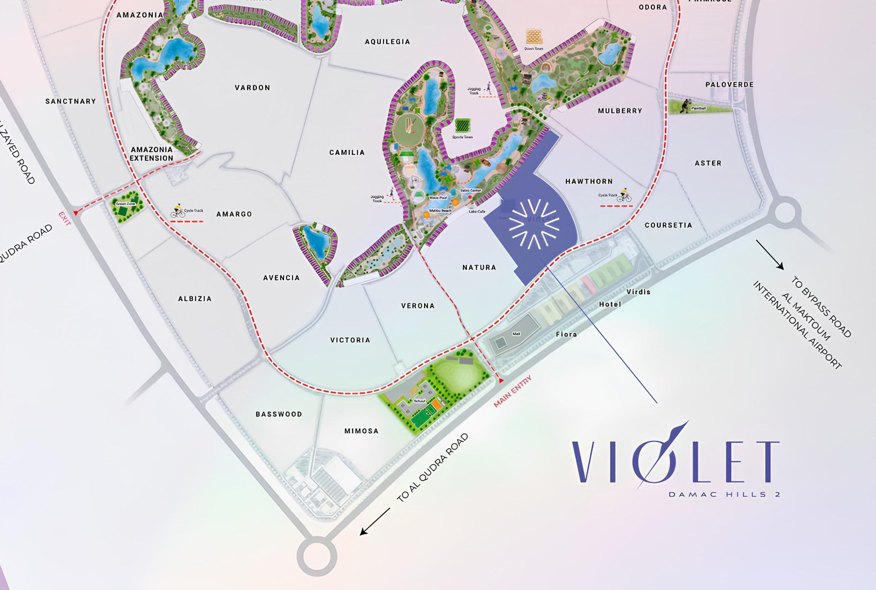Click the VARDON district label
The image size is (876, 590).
click(252, 88)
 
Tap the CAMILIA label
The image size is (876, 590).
click(347, 152)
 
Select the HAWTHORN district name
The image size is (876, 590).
click(589, 181)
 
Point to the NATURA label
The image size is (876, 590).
click(479, 267)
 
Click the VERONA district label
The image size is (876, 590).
click(418, 306)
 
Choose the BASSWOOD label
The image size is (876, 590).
click(279, 414)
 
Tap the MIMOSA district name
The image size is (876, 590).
click(361, 431)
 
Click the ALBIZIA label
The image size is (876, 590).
click(195, 299)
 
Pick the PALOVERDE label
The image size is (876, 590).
click(730, 85)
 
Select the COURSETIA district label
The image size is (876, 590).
click(668, 225)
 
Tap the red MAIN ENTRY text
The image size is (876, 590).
click(513, 391)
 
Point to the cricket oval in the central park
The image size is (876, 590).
click(409, 130)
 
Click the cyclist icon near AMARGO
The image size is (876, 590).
click(178, 211)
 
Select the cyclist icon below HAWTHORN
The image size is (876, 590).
click(625, 195)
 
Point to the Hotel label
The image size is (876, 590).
click(610, 304)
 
